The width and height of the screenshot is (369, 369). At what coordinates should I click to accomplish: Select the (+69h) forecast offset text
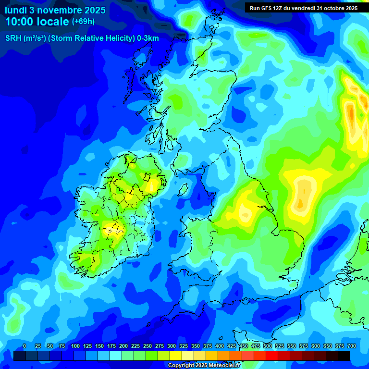click(x=83, y=22)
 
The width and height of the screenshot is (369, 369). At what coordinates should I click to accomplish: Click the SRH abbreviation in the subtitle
click(x=13, y=38)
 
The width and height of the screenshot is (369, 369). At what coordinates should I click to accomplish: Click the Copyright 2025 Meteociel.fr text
click(x=204, y=366)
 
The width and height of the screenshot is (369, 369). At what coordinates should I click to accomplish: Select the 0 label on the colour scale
click(x=25, y=346)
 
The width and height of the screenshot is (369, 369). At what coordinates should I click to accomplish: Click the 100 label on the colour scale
click(x=75, y=346)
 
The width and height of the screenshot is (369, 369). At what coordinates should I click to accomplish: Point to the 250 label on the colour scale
click(x=148, y=346)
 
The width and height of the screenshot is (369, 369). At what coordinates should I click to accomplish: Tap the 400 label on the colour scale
click(x=220, y=346)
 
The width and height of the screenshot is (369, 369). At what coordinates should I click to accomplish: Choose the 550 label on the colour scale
click(x=292, y=346)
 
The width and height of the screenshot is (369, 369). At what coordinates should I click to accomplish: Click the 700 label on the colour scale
click(x=352, y=346)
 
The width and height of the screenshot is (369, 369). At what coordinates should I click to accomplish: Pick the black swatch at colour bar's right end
click(x=344, y=356)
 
